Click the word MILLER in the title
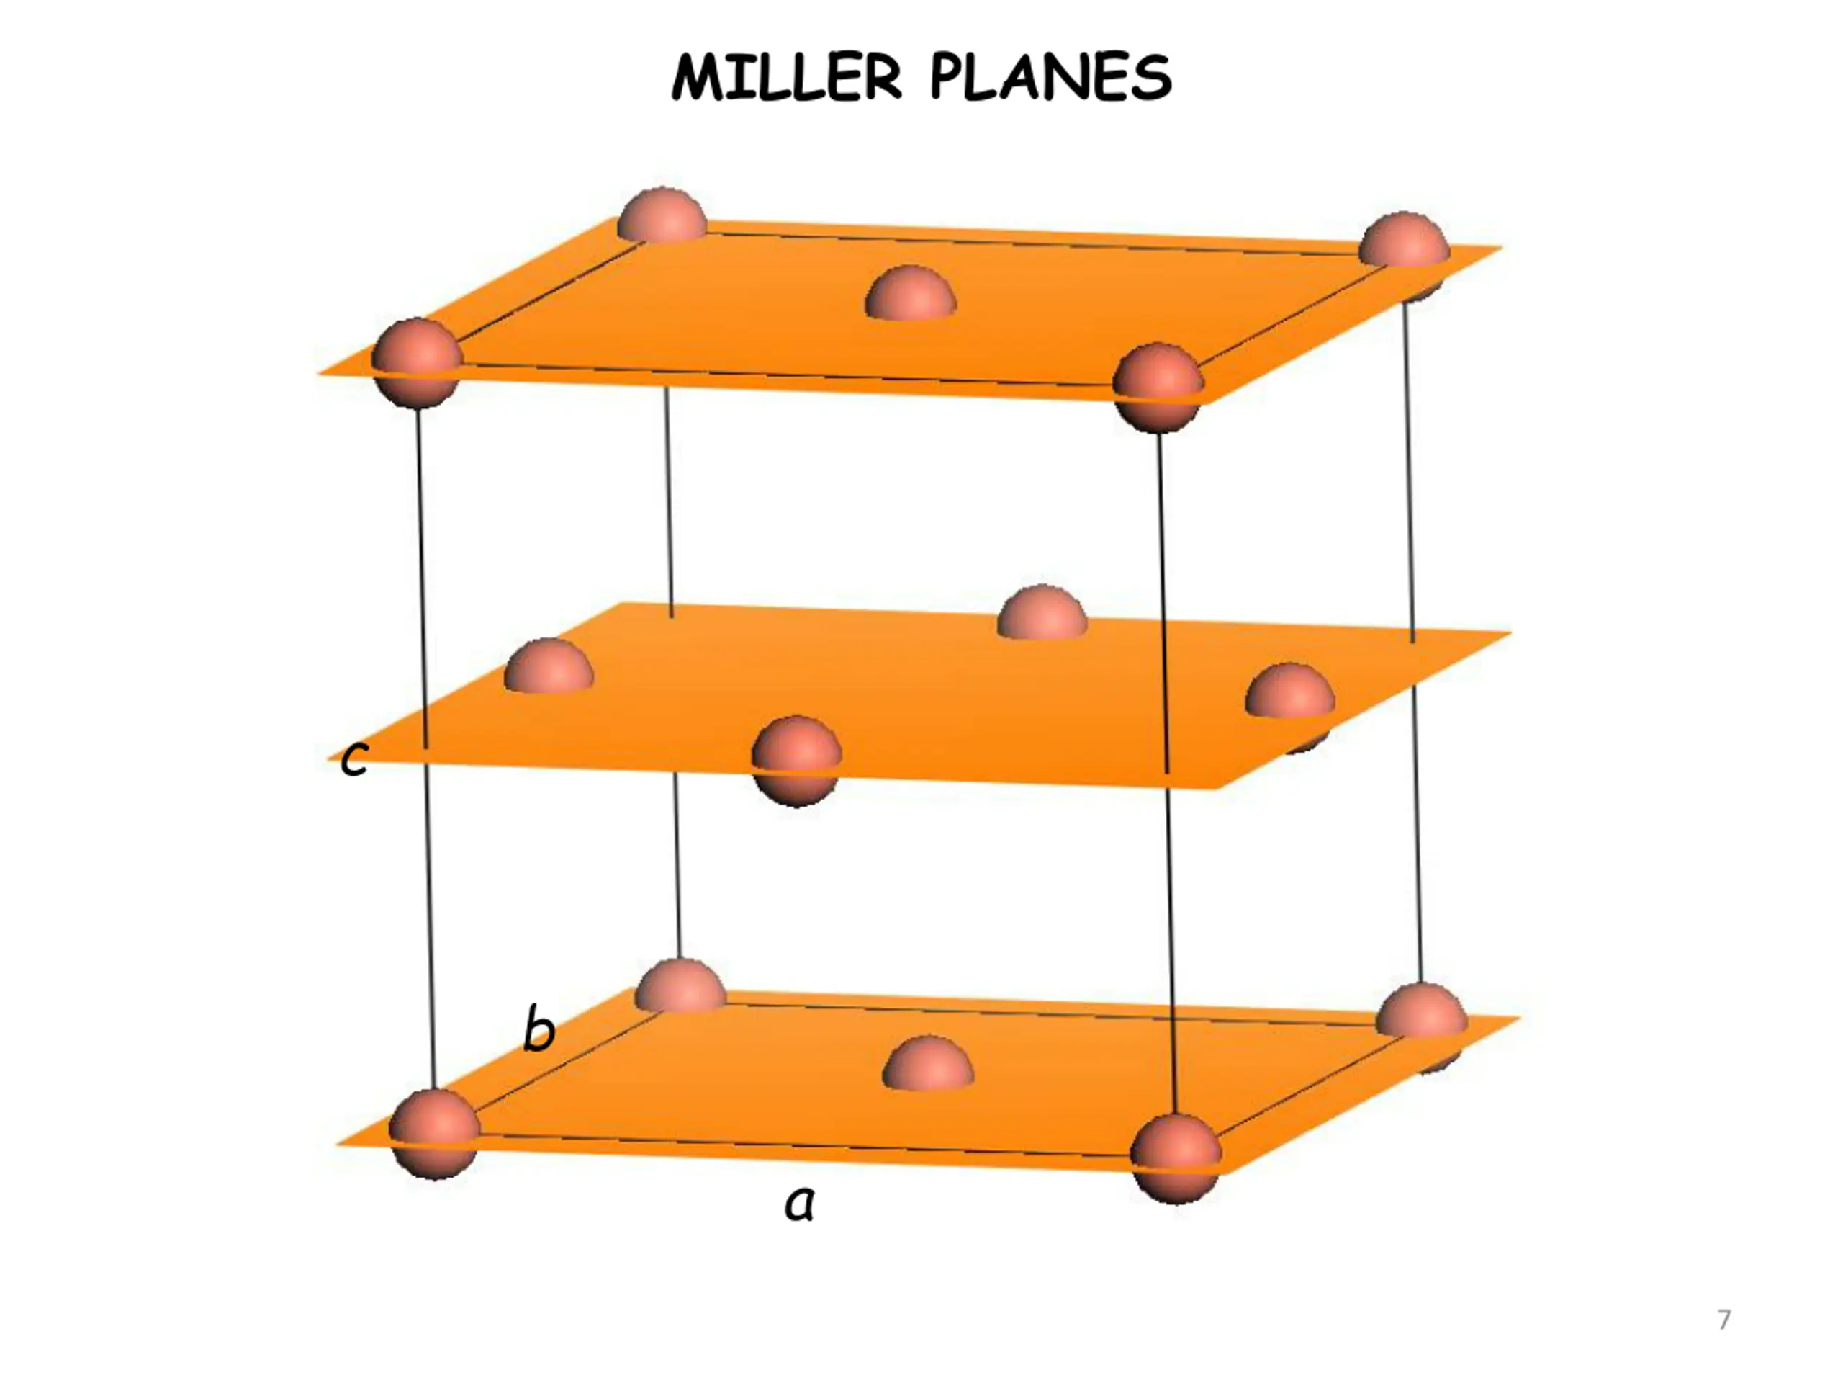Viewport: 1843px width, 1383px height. [x=787, y=79]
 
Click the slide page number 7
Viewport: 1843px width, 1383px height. [x=1724, y=1320]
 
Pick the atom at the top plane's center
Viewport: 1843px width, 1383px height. [x=911, y=293]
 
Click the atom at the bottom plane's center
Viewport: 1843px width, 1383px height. [x=927, y=1064]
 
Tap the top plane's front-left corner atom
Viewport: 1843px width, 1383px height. [x=416, y=362]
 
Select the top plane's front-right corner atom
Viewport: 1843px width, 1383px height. [x=1158, y=387]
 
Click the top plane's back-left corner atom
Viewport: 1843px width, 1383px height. [x=662, y=215]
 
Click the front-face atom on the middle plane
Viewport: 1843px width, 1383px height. [x=796, y=759]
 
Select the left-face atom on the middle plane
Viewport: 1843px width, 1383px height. [x=549, y=666]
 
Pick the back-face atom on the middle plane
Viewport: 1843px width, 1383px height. [x=1042, y=614]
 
